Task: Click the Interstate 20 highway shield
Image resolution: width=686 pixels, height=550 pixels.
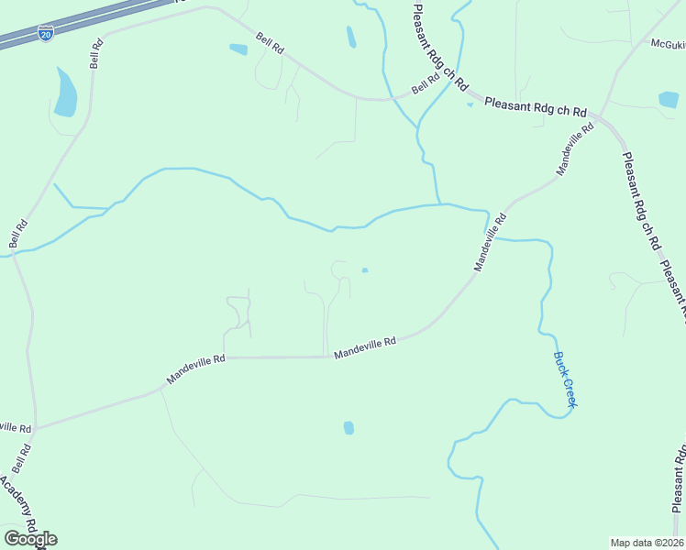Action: pyautogui.click(x=46, y=34)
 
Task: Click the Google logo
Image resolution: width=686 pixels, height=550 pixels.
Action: pyautogui.click(x=30, y=539)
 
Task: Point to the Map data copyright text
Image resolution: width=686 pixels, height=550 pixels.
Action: pyautogui.click(x=647, y=542)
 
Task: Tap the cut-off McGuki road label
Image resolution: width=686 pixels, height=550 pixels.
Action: pyautogui.click(x=668, y=43)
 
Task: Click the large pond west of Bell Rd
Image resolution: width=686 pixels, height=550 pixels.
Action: pyautogui.click(x=65, y=93)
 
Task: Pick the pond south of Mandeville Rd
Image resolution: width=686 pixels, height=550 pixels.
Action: pyautogui.click(x=349, y=427)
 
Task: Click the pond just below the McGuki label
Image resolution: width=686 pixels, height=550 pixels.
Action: pyautogui.click(x=669, y=99)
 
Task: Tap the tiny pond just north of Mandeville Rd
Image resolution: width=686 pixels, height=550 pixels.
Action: pyautogui.click(x=365, y=269)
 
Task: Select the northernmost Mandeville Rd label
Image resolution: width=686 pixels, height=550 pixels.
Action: pyautogui.click(x=575, y=148)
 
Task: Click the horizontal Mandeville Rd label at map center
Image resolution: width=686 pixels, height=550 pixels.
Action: pyautogui.click(x=364, y=347)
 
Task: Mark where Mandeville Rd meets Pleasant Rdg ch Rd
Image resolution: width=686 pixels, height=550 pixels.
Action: pyautogui.click(x=601, y=116)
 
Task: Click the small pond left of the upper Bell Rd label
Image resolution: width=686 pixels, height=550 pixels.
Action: pyautogui.click(x=238, y=49)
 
